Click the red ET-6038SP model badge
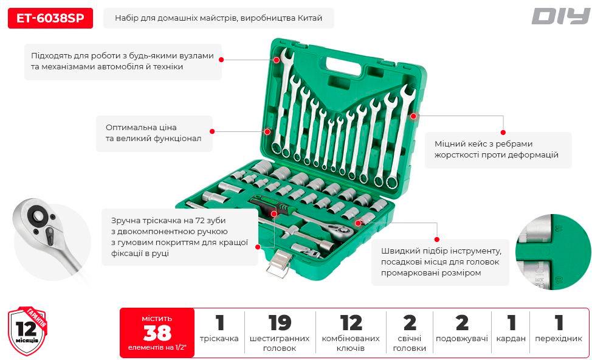tap(50, 18)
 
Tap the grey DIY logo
tap(560, 16)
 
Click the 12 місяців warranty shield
tap(27, 332)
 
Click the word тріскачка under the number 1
tap(219, 339)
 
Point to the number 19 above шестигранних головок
tap(280, 323)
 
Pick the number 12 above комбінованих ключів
tap(351, 323)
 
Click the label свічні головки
tap(410, 344)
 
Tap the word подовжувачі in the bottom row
tap(462, 339)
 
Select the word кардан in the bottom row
tap(511, 339)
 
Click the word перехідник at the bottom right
tap(559, 339)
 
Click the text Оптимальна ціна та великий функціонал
tap(150, 133)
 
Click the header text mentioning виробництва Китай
tap(218, 18)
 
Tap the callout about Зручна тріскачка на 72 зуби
tap(179, 237)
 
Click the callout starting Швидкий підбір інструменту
tap(441, 261)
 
